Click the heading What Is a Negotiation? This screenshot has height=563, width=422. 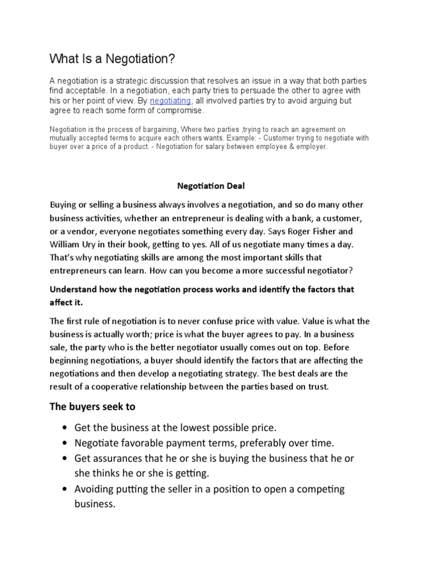pos(112,58)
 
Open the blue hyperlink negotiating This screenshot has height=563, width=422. pos(171,101)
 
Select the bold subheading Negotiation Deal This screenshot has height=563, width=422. pos(210,186)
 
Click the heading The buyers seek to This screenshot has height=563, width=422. pos(92,407)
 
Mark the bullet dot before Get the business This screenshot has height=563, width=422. pos(66,428)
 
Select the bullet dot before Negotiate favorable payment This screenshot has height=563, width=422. pos(66,443)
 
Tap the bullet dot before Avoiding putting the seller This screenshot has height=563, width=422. pos(66,489)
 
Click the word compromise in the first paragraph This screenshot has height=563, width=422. pos(179,111)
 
